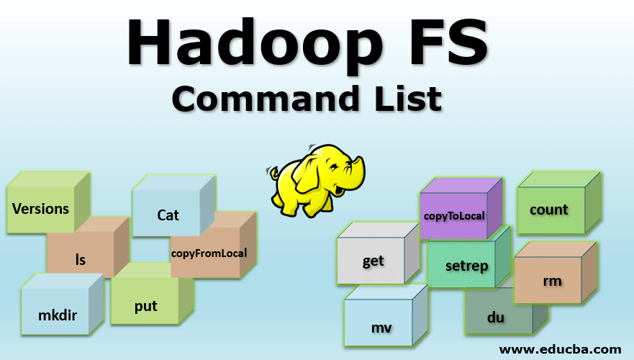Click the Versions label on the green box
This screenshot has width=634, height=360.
click(41, 209)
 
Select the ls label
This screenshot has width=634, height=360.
click(81, 259)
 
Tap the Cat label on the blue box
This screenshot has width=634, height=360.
click(168, 215)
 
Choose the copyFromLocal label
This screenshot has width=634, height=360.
click(209, 253)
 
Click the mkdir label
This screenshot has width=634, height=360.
click(57, 315)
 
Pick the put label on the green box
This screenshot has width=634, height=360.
click(145, 305)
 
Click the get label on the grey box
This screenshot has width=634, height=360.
click(373, 261)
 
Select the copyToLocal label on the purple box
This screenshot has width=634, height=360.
click(454, 215)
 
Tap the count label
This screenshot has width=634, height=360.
click(548, 210)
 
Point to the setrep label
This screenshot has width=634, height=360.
click(466, 266)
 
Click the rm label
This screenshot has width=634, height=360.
click(552, 280)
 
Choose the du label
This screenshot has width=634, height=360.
click(495, 317)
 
